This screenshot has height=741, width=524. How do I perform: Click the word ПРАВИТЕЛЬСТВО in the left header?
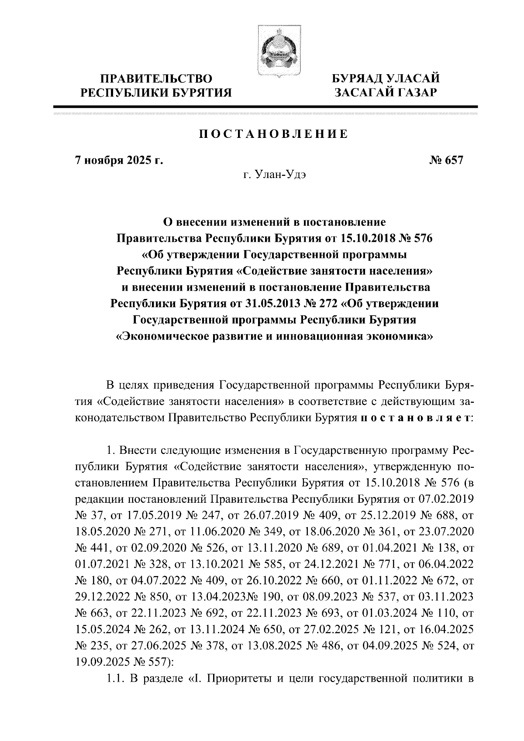pyautogui.click(x=157, y=79)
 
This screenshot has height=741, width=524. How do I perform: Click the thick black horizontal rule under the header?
pyautogui.click(x=265, y=106)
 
